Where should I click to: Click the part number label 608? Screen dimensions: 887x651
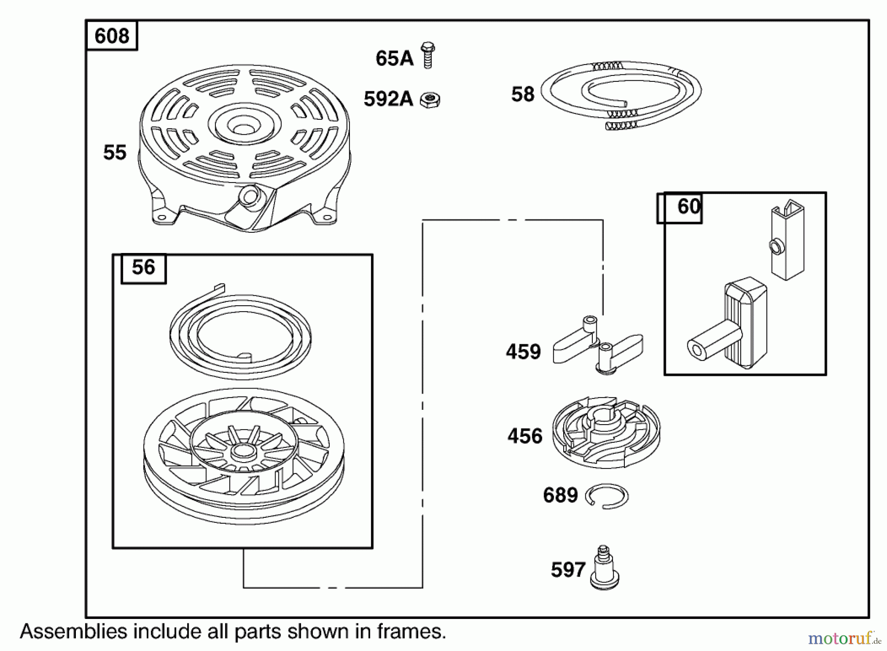[x=112, y=36]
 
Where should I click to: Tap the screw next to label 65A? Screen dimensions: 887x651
[x=428, y=55]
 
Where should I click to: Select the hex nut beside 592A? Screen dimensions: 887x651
[x=430, y=100]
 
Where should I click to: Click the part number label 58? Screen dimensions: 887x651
[x=522, y=94]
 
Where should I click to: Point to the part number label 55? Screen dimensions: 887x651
[x=115, y=152]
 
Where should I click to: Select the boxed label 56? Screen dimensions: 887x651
[x=143, y=267]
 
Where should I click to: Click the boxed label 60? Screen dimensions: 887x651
[x=688, y=206]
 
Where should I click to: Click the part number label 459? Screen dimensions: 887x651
[x=523, y=352]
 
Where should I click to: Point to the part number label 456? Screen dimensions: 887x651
[x=525, y=436]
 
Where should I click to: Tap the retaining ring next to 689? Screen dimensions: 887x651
[x=607, y=496]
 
